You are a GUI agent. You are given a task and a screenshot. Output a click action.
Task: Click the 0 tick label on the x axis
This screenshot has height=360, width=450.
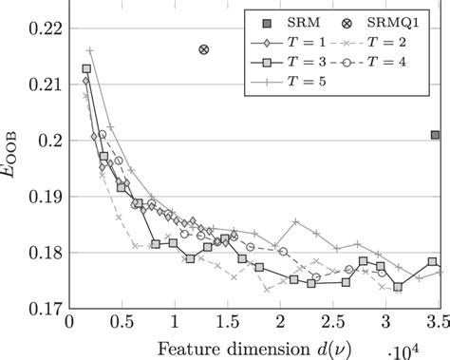tap(68, 323)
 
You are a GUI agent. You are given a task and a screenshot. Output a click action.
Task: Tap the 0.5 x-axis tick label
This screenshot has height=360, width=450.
tap(122, 323)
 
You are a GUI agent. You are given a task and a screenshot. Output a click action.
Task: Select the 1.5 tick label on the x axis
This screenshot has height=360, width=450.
tap(228, 323)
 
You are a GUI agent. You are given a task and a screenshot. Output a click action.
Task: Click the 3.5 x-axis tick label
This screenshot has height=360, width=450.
tap(438, 323)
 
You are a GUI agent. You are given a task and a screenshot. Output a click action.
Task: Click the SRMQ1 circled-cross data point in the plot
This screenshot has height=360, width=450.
tap(204, 49)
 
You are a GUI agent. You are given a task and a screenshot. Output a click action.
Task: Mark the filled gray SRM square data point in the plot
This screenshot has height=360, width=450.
tap(435, 136)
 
